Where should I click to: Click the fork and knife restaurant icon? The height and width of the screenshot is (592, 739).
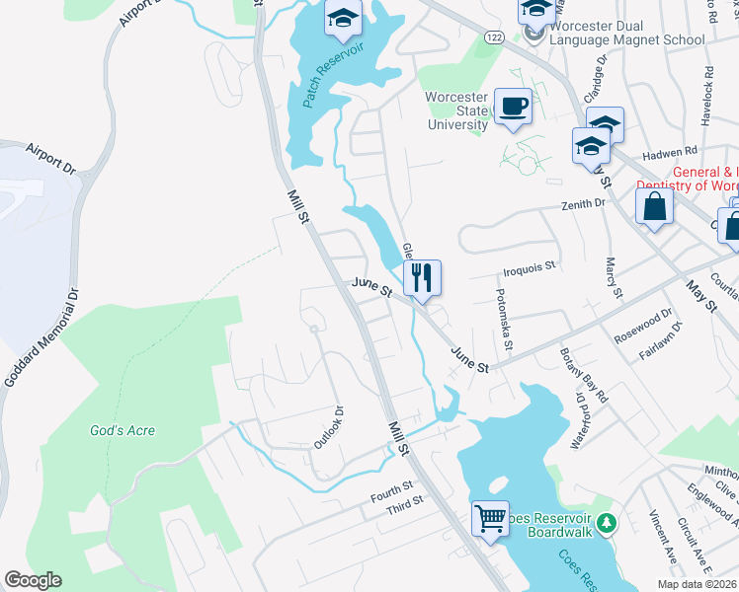(x=423, y=277)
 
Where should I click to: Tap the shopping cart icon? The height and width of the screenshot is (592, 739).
(x=490, y=518)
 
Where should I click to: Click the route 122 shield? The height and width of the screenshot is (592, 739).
(x=495, y=37)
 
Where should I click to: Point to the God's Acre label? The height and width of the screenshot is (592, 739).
(x=123, y=430)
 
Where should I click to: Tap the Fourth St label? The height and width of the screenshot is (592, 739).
(x=391, y=490)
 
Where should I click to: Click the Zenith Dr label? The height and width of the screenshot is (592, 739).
(x=583, y=203)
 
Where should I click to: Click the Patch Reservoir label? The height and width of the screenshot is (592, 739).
(x=334, y=74)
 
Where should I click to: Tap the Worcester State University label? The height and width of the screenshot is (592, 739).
(x=457, y=111)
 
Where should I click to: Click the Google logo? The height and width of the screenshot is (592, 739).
(x=33, y=580)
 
